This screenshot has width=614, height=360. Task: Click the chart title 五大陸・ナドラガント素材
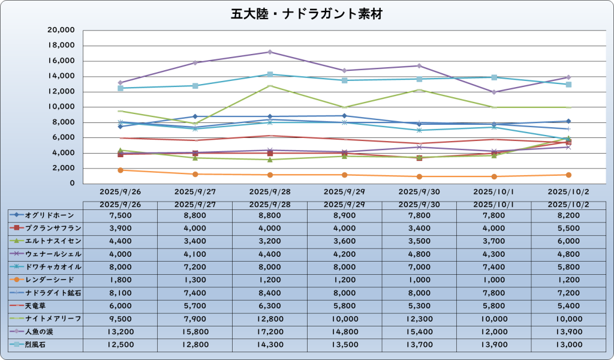(x=306, y=13)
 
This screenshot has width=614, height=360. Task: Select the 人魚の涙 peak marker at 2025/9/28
(x=270, y=52)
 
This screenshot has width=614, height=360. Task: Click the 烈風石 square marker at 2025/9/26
(x=121, y=88)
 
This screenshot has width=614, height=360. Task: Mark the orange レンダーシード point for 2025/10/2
(x=568, y=175)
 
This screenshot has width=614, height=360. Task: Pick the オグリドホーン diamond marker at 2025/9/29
(x=344, y=116)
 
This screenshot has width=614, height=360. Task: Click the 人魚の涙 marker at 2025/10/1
(x=493, y=92)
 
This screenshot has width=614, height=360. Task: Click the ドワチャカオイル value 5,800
(x=568, y=267)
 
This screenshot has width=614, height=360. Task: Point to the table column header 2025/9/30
(x=419, y=205)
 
